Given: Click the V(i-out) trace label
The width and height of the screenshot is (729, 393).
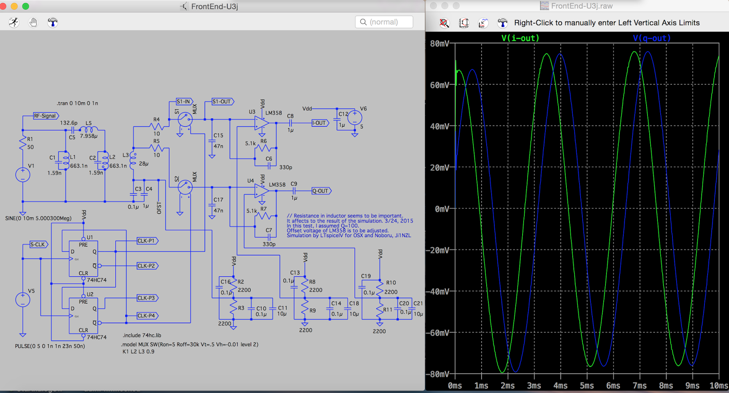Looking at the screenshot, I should coord(520,38).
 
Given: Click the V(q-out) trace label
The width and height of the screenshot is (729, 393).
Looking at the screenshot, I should coord(652,38).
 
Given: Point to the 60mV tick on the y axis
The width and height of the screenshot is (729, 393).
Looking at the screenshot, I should coord(439,85).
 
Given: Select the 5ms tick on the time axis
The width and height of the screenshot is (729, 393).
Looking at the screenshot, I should coord(587,386).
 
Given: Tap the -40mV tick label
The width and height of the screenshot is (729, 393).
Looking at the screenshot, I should coord(437,292).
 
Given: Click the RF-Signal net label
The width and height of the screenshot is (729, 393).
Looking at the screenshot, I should coord(46,116).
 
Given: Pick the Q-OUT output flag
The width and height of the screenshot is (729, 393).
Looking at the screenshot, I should coord(321,191).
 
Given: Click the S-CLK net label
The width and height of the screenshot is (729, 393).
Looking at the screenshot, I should coord(38,244).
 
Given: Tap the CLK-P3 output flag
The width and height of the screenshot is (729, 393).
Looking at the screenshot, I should coord(147,298).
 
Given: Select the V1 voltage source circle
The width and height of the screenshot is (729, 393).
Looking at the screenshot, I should coord(23,175).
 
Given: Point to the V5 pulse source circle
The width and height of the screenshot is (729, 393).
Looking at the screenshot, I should coord(23,300).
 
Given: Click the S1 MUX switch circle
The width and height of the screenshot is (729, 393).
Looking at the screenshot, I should coord(185,120).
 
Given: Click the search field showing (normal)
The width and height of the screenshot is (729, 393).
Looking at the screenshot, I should coord(384,22).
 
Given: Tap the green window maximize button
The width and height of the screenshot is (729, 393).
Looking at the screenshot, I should coord(26,6).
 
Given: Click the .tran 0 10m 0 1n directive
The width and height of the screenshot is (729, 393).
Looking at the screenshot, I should coord(77,103).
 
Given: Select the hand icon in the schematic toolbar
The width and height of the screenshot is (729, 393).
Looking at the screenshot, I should coord(33,22).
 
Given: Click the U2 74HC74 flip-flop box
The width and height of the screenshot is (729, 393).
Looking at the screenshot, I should coord(83,315).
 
